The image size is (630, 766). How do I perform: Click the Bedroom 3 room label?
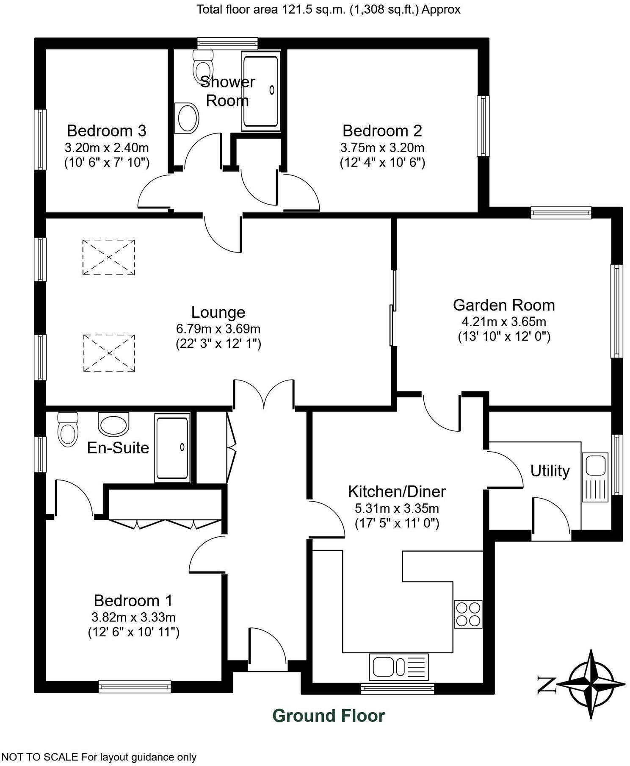107,130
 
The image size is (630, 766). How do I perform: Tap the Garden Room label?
503,305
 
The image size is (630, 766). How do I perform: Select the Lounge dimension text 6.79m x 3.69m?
218,328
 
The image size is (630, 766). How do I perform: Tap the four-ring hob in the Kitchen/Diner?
468,614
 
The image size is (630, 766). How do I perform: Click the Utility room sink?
595,476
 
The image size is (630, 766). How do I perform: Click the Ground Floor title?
329,716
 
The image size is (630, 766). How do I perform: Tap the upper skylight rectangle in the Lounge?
109,257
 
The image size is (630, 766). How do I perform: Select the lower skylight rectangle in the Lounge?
109,353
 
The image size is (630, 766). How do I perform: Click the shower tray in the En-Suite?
172,448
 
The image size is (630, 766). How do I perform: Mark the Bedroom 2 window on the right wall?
483,126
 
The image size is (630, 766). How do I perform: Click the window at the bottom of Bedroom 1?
135,686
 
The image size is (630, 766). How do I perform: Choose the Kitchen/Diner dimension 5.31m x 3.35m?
397,508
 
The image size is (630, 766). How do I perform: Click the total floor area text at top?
328,9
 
